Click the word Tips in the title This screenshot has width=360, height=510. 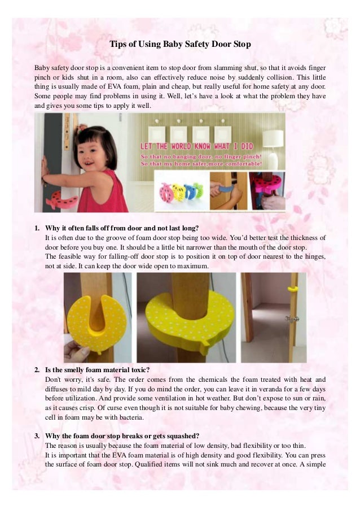click(119, 43)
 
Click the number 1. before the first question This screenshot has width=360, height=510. click(37, 228)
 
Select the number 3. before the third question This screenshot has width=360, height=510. click(37, 436)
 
